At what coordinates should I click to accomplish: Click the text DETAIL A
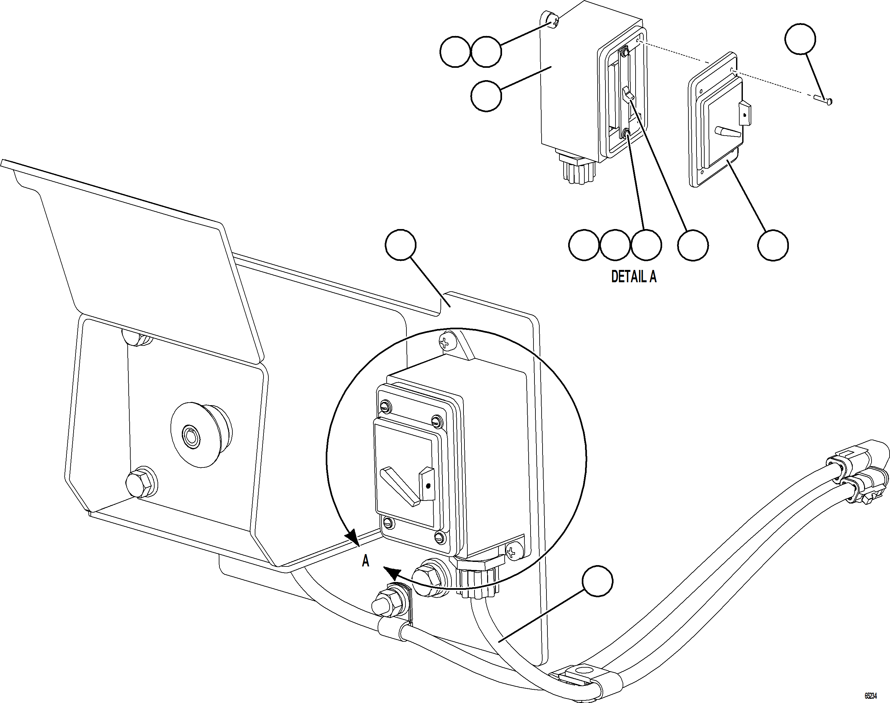(x=634, y=277)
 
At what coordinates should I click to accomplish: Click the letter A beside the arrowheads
(x=365, y=561)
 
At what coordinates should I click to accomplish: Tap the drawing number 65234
(x=870, y=696)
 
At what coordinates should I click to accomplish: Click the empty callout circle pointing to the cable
(x=598, y=580)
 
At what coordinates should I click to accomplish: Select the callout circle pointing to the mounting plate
(x=401, y=245)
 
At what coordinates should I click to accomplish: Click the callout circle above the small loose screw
(x=800, y=39)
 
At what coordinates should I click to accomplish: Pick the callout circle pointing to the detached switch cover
(x=773, y=245)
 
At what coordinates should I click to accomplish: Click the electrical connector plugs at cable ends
(x=855, y=473)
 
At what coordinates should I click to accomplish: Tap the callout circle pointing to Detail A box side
(x=486, y=96)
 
